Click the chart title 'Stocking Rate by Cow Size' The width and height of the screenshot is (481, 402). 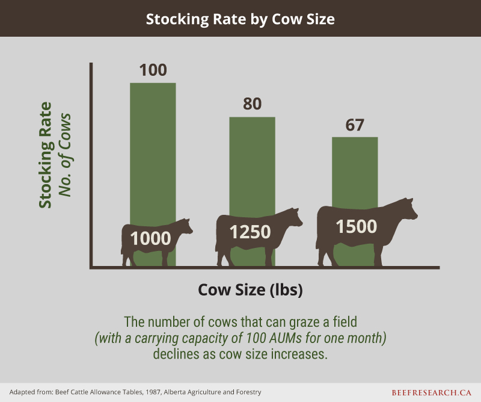(240, 19)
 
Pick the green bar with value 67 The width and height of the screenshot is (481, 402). (355, 172)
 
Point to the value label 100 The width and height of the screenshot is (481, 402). (153, 70)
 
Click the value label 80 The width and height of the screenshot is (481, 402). (252, 104)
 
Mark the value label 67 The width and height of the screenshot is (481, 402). (355, 125)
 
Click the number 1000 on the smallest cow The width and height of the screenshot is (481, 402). (150, 238)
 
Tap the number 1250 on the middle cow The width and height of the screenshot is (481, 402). (250, 232)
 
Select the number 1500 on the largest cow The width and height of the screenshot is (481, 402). (356, 226)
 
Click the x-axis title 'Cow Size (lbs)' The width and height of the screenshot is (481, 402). (250, 289)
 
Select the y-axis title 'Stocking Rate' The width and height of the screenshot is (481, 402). (45, 155)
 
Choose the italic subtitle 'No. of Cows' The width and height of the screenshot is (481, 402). (65, 155)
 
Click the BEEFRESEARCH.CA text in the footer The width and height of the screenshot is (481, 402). (431, 392)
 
